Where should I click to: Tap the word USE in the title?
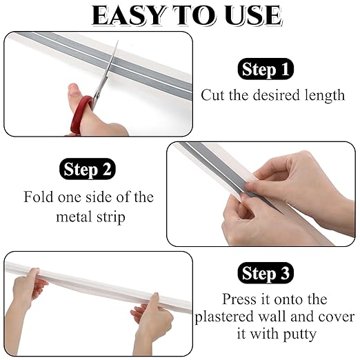click(253, 15)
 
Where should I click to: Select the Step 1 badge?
click(266, 69)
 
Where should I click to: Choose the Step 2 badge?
click(88, 169)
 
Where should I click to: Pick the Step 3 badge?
click(266, 273)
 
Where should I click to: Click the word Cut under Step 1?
click(212, 95)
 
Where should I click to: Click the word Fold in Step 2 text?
click(39, 197)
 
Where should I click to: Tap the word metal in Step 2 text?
click(74, 217)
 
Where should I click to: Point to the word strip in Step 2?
click(111, 217)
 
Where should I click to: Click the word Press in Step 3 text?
click(239, 299)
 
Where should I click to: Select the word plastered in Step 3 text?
click(224, 317)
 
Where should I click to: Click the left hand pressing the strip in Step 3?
click(26, 299)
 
